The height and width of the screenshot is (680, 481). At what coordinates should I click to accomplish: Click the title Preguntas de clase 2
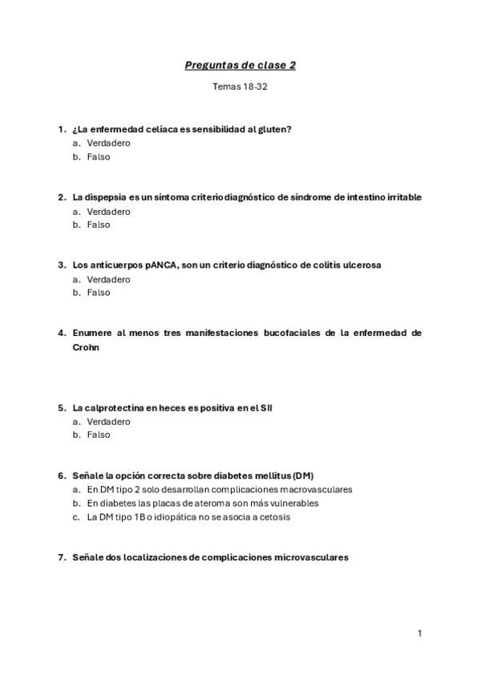(240, 65)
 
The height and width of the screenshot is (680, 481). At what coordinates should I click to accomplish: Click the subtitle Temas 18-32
(240, 87)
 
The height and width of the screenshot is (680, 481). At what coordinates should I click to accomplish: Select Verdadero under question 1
(108, 143)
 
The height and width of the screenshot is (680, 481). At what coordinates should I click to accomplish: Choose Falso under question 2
(99, 225)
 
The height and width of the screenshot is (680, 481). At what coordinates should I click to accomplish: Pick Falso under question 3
(99, 293)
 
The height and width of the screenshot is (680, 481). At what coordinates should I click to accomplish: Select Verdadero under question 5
(108, 421)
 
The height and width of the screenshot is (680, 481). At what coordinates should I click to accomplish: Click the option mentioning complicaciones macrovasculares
(220, 489)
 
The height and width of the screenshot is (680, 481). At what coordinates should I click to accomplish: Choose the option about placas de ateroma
(203, 503)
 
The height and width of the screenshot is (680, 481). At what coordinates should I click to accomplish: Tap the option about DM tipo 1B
(188, 517)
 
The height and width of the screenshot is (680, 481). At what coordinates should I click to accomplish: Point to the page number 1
(419, 633)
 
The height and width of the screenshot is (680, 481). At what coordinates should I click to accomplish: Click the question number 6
(61, 476)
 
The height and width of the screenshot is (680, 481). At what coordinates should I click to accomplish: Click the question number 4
(61, 333)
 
